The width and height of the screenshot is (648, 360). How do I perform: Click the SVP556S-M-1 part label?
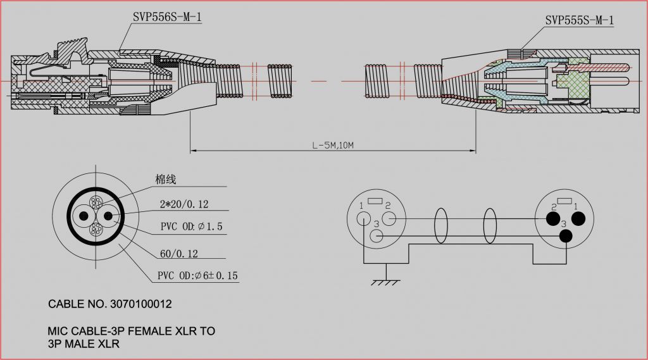(167, 16)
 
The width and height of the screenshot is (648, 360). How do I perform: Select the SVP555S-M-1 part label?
(579, 20)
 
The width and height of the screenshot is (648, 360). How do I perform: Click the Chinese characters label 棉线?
(165, 180)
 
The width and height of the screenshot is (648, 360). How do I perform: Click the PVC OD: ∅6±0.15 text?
(198, 276)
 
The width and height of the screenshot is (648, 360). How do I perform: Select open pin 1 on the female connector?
(363, 218)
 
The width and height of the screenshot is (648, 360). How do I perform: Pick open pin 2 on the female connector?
(389, 219)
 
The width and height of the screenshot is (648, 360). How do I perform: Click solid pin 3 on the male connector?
(566, 236)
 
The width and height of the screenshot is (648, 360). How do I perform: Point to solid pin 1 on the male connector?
(579, 219)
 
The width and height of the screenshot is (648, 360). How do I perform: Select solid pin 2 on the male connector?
(552, 219)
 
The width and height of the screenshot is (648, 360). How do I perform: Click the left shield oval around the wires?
(440, 225)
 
